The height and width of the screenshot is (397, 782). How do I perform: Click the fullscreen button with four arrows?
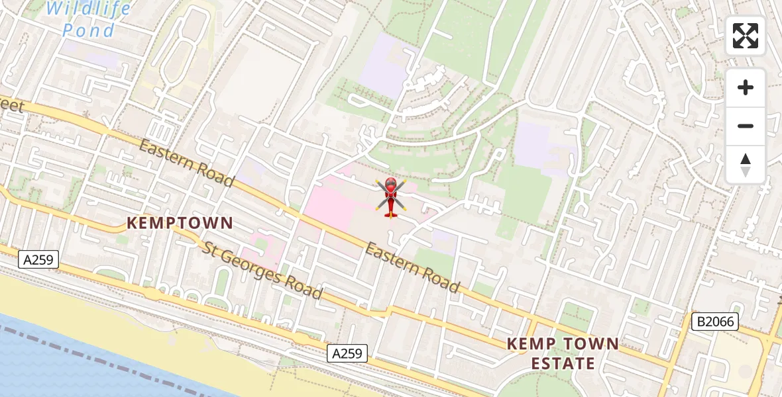click(x=746, y=36)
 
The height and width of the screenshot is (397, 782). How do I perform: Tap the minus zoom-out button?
click(x=746, y=126)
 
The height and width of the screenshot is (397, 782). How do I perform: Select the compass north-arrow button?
click(x=746, y=164)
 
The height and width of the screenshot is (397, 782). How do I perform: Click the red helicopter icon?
click(x=390, y=196)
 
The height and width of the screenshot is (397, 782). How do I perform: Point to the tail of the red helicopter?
click(x=390, y=213)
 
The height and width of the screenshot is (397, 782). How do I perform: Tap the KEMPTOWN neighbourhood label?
click(x=180, y=223)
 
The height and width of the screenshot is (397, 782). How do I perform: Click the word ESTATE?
click(x=563, y=363)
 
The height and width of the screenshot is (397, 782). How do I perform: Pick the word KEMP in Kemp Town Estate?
click(x=530, y=344)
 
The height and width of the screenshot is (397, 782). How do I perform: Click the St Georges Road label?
click(x=263, y=271)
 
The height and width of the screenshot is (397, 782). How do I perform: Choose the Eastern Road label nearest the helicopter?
click(x=412, y=267)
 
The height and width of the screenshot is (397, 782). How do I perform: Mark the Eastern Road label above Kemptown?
click(x=186, y=163)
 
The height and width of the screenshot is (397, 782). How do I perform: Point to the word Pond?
click(x=89, y=30)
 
